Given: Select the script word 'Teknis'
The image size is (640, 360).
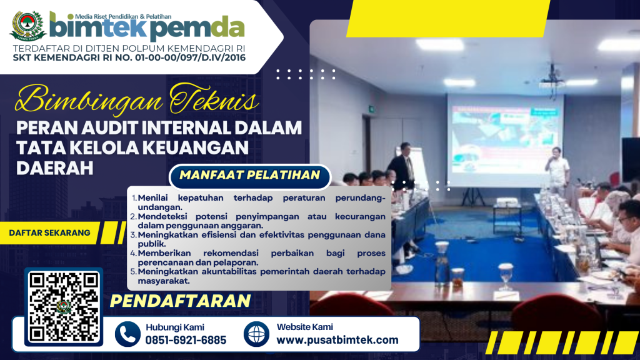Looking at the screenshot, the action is (x=214, y=99).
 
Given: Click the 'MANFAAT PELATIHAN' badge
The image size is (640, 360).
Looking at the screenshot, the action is (x=250, y=176).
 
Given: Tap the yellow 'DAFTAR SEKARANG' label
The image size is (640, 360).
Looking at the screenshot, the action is (x=49, y=232).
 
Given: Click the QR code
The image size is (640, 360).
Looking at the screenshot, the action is (x=64, y=307).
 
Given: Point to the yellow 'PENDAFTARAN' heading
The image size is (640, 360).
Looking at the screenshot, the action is (x=180, y=301).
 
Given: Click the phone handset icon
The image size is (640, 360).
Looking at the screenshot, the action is (x=127, y=334).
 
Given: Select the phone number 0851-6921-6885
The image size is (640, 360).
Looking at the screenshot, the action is (x=186, y=340).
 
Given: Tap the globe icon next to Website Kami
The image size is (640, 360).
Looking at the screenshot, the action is (x=256, y=334).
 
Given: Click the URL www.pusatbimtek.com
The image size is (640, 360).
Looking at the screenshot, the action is (x=337, y=340).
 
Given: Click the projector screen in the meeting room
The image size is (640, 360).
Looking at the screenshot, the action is (x=505, y=140).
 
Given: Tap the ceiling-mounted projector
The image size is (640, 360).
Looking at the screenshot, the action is (x=551, y=82).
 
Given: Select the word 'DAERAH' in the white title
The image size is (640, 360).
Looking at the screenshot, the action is (x=55, y=168).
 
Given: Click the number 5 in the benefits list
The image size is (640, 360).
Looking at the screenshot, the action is (x=134, y=271).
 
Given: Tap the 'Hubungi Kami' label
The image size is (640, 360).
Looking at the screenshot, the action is (x=175, y=327).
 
